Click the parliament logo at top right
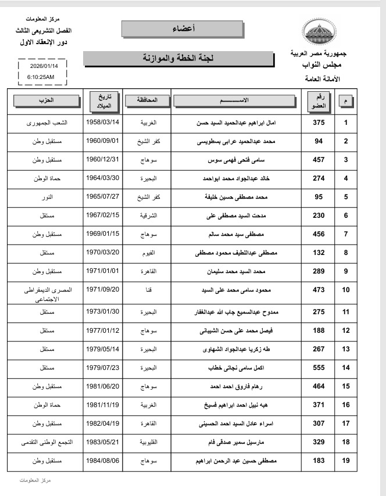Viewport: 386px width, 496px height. (318, 33)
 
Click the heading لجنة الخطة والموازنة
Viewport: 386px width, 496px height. (178, 59)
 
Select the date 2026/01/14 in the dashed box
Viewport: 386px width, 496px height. (41, 66)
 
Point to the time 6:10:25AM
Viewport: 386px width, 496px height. (41, 77)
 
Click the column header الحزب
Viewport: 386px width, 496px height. (46, 100)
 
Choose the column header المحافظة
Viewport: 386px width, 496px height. (148, 100)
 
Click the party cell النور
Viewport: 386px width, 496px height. (46, 197)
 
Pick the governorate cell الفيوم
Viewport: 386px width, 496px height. (148, 253)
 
